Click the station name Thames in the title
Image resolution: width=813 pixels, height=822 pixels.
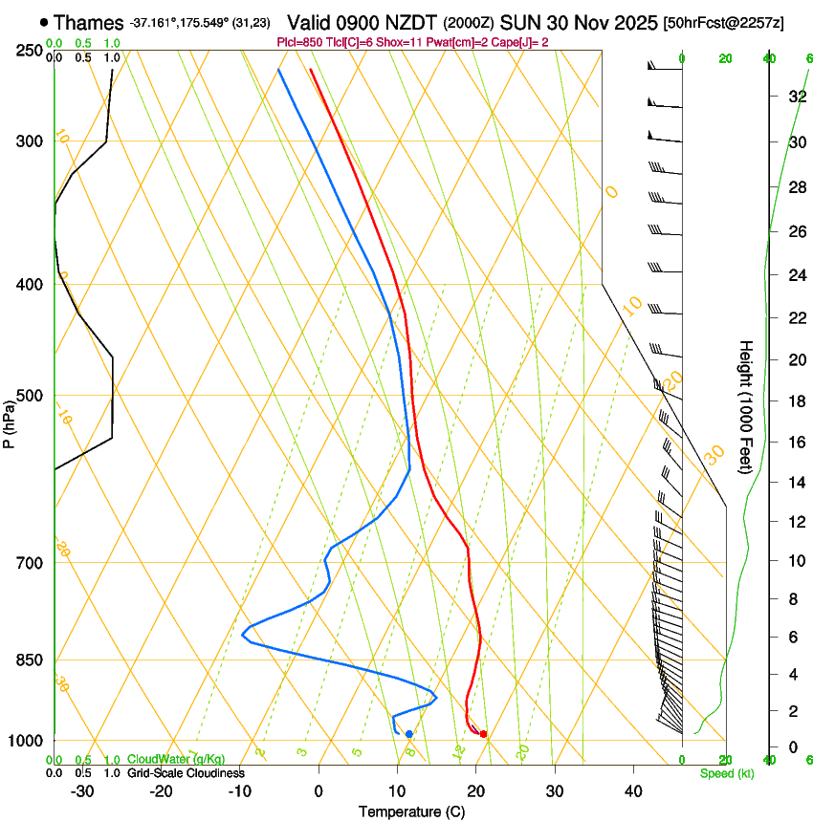(89, 23)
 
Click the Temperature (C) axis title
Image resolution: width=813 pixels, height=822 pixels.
(411, 811)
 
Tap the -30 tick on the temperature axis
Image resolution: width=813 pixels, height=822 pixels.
(82, 791)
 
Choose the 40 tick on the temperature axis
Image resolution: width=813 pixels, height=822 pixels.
(633, 791)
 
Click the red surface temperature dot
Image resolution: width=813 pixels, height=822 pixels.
(483, 734)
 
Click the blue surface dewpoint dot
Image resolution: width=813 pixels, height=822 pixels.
(409, 734)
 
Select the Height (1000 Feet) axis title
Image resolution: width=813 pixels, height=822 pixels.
(746, 406)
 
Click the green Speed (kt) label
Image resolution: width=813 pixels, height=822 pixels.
(726, 773)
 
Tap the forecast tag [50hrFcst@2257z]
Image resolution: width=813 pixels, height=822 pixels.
(723, 23)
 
